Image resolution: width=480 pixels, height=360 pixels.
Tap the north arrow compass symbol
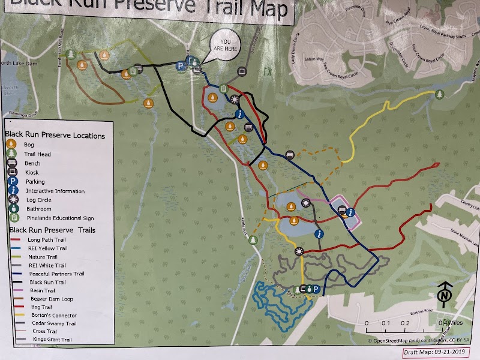[445, 294]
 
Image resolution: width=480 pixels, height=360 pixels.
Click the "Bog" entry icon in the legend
[11, 144]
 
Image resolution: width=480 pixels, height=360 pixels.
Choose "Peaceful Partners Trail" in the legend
[55, 273]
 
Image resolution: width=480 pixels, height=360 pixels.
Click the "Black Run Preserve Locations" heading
[55, 136]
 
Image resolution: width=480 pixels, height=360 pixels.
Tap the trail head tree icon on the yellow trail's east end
[439, 94]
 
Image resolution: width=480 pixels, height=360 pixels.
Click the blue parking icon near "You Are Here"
[179, 66]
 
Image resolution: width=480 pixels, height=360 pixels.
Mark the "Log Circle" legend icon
[11, 199]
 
